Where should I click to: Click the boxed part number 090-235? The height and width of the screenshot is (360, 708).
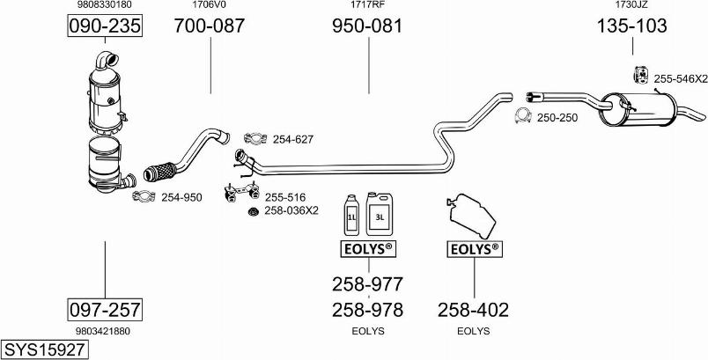pos(105,27)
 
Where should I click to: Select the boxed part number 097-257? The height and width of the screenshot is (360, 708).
pos(105,310)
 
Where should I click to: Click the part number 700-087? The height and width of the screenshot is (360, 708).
pos(210,26)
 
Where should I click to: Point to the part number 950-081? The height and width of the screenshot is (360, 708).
pos(367,26)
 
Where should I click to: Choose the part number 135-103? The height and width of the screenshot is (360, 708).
pos(631,26)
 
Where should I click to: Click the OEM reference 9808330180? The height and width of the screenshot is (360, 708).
pos(104,5)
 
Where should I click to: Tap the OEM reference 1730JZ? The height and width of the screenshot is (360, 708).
pos(631,5)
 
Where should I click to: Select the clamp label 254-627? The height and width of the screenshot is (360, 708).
pos(293,139)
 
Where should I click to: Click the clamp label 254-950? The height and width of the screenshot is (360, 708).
pos(181,197)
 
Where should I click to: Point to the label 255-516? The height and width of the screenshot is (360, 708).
pos(285,197)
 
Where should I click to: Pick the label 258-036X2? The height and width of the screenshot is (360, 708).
pos(291,210)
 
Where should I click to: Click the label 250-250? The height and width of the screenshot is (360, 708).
pos(557,117)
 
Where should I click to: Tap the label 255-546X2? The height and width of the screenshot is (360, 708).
pos(681,78)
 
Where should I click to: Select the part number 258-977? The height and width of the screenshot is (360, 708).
pos(367,284)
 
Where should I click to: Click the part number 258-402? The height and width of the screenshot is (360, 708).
pos(473,310)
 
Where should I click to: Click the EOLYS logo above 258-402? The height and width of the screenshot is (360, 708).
pos(474,249)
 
